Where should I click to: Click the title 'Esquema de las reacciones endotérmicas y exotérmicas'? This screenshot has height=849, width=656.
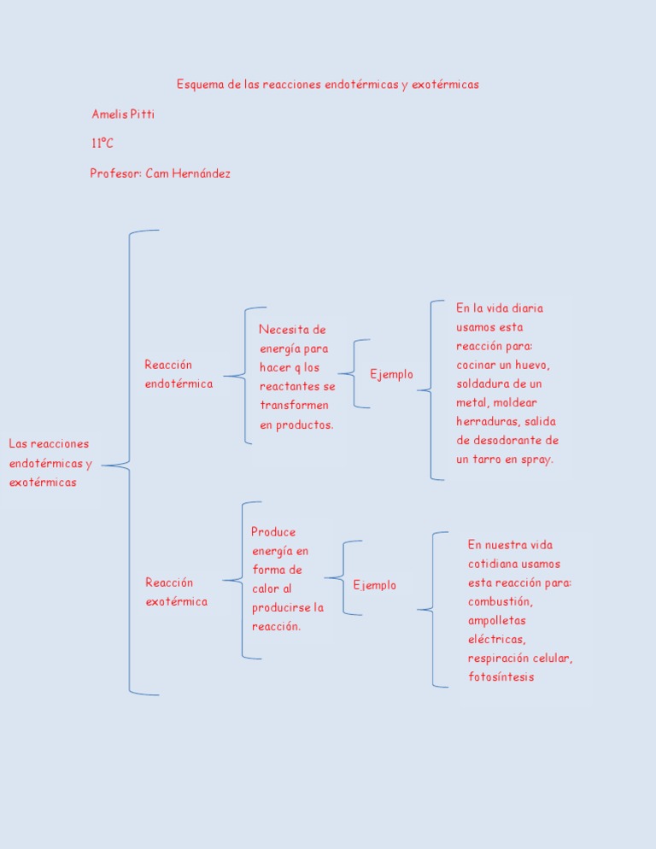click(x=328, y=85)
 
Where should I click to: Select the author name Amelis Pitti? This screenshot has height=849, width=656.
click(x=123, y=114)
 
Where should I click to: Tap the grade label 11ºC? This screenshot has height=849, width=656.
click(x=102, y=143)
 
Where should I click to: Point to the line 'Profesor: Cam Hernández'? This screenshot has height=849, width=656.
click(x=161, y=173)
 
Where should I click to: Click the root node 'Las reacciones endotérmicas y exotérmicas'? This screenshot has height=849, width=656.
click(x=49, y=463)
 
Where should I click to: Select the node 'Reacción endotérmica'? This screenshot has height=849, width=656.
click(x=179, y=374)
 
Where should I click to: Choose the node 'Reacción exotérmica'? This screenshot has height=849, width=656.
click(x=176, y=592)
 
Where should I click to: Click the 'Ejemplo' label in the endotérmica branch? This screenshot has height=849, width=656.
click(x=391, y=374)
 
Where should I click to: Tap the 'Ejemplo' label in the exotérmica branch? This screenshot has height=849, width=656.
click(x=374, y=585)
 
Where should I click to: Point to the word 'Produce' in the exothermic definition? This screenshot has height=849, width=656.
click(x=273, y=531)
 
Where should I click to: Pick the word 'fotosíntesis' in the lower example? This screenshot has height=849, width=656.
click(x=501, y=677)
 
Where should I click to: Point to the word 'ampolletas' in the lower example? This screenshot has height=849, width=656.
click(x=497, y=620)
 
